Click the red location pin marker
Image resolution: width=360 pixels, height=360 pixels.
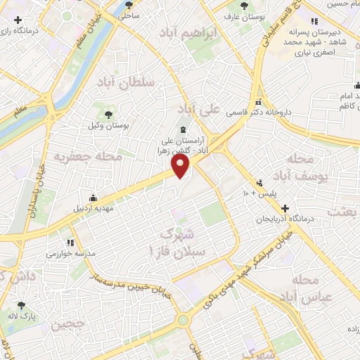[x=181, y=166]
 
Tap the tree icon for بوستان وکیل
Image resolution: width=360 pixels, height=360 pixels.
[x=108, y=115]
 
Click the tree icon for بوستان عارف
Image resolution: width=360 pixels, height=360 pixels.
[x=244, y=6]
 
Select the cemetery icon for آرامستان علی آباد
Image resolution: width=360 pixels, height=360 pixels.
[x=183, y=129]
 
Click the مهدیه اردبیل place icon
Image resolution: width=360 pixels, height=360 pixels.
[x=93, y=198]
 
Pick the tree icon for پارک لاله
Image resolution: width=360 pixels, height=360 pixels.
[x=22, y=305]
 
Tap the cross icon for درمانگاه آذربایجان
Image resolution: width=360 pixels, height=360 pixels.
[x=285, y=209]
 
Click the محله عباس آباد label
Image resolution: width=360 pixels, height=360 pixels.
[x=309, y=288]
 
